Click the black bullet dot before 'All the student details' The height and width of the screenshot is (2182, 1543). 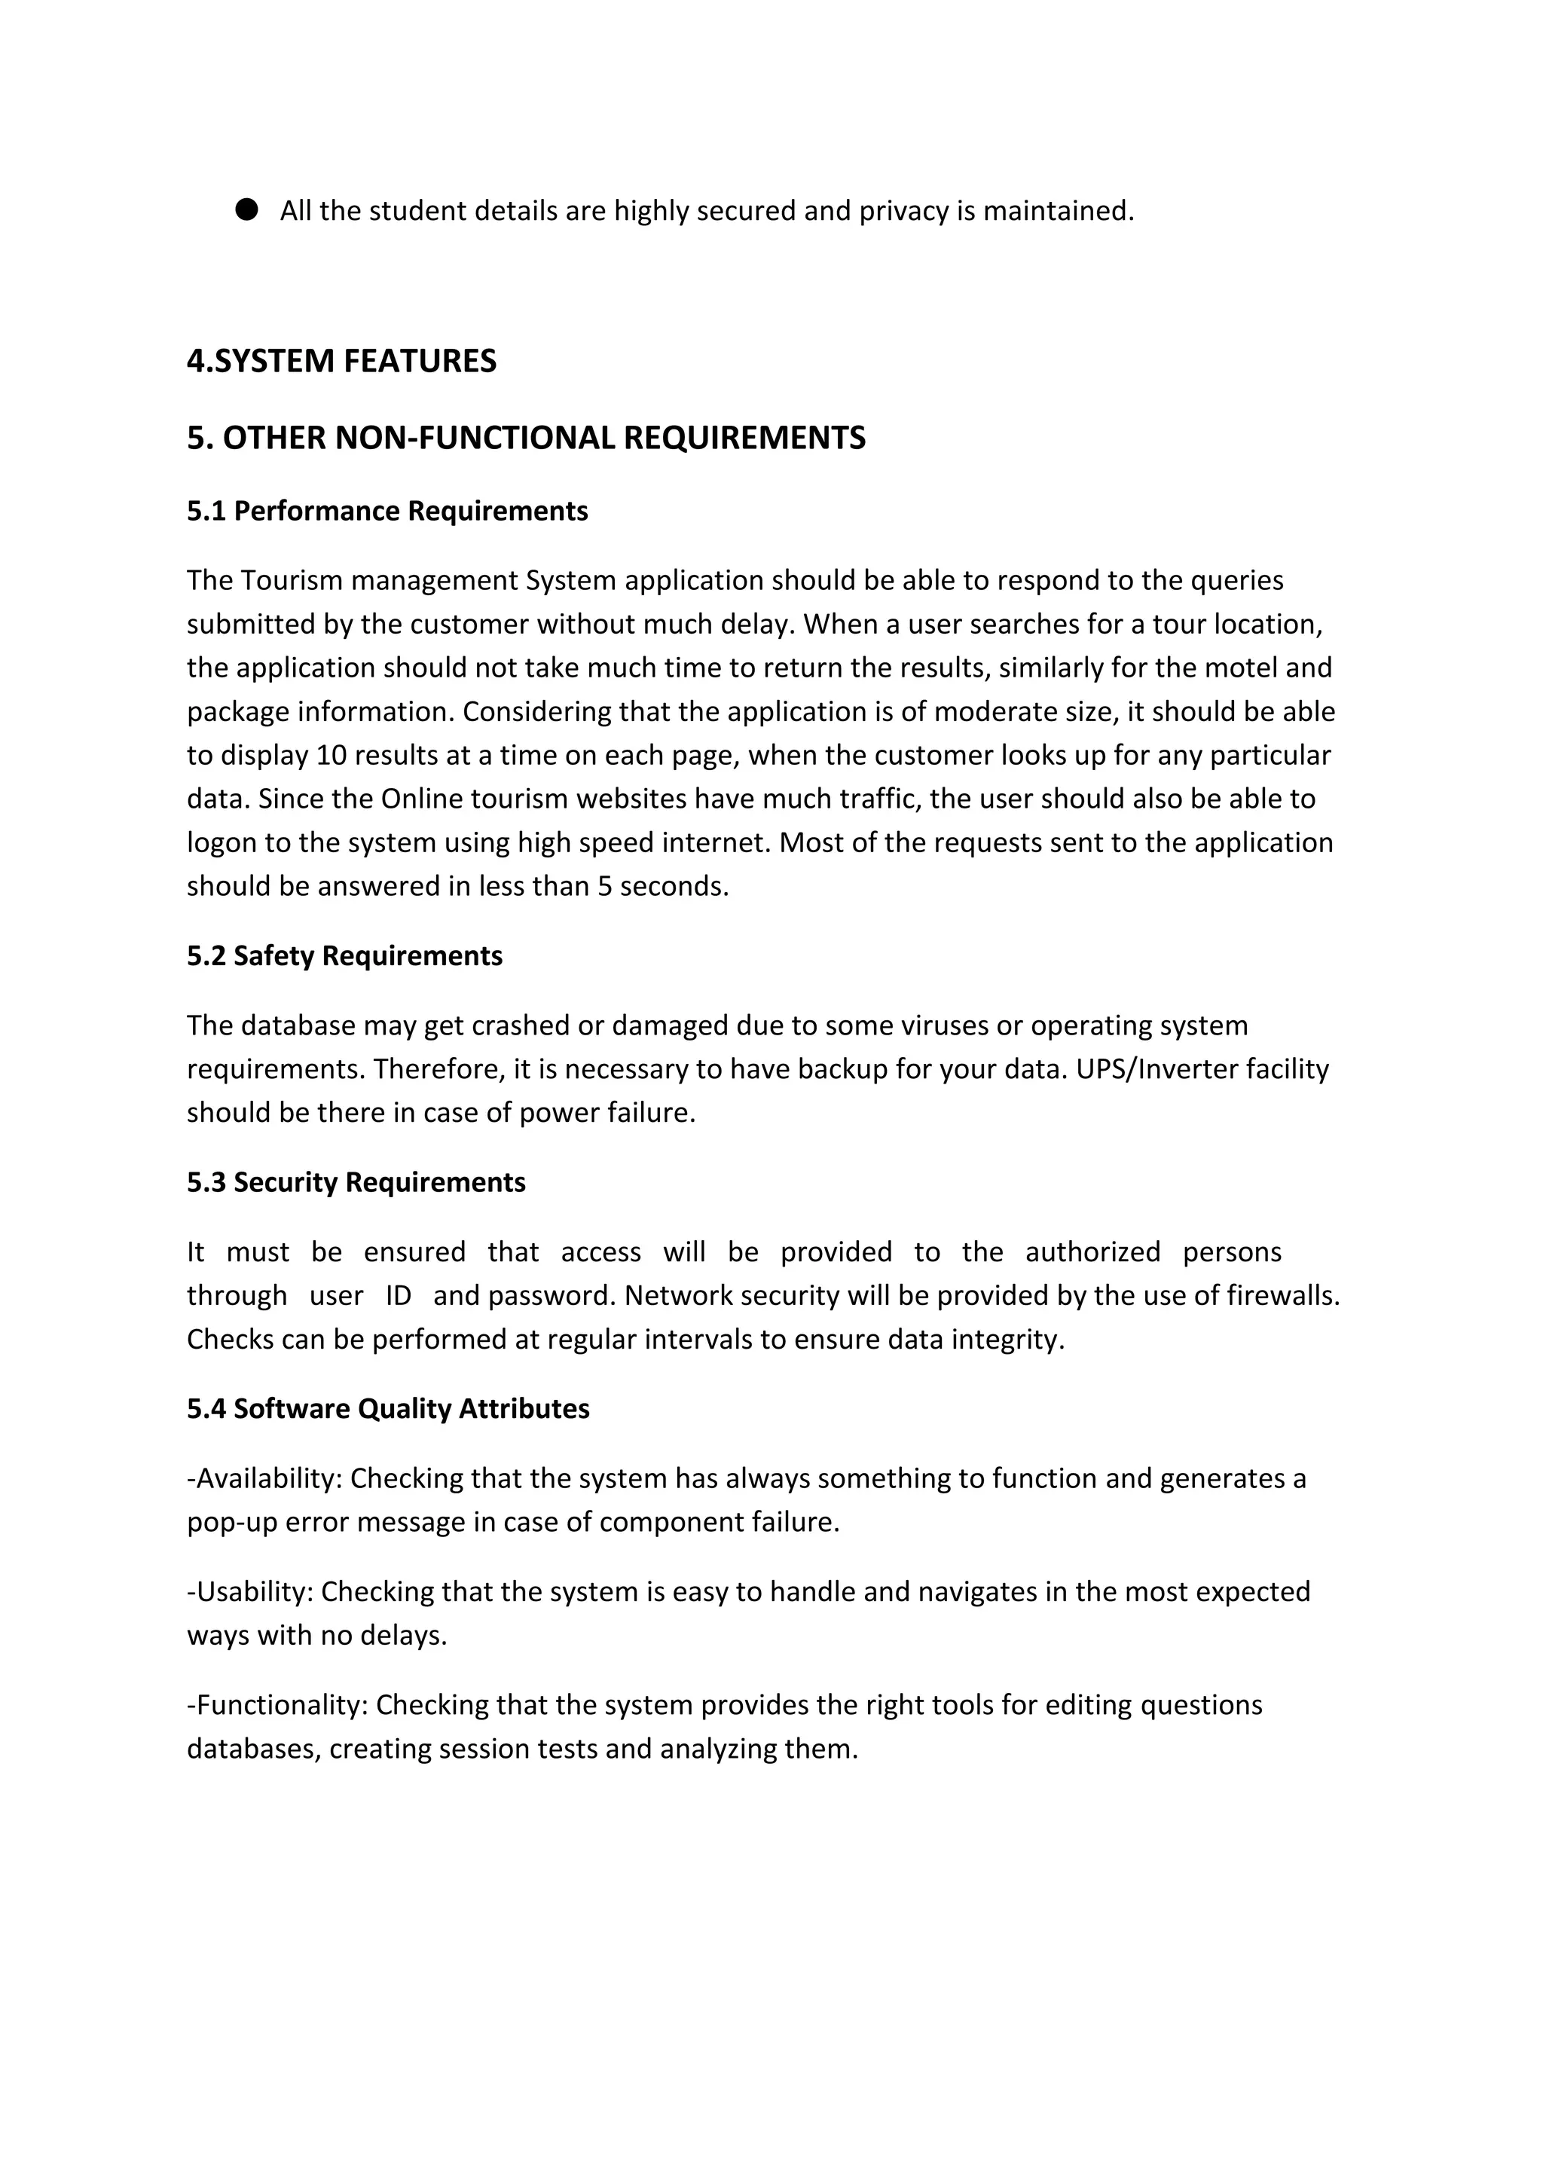coord(246,210)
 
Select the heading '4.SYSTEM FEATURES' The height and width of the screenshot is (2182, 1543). coord(341,361)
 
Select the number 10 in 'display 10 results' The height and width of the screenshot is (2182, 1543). coord(332,756)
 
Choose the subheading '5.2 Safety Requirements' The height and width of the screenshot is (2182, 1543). coord(344,956)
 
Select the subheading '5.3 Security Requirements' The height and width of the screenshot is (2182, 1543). coord(356,1182)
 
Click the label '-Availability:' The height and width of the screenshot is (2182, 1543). coord(264,1479)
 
